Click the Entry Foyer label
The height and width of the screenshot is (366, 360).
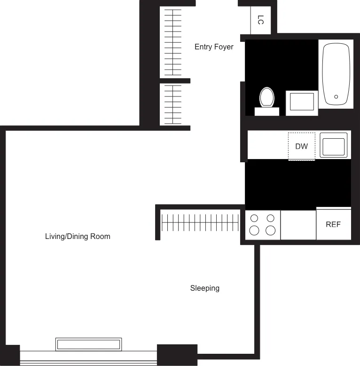(214, 47)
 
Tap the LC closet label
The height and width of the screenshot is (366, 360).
(261, 20)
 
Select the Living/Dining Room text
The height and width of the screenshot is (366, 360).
(78, 236)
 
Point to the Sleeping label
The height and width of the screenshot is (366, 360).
(204, 288)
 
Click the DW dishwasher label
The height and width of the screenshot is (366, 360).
(301, 146)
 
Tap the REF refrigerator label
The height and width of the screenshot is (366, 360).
(333, 224)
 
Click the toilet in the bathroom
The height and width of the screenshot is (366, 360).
(266, 97)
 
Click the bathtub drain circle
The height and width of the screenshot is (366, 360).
(336, 97)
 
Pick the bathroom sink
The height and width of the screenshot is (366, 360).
(301, 102)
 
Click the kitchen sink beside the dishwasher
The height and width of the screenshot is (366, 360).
(334, 145)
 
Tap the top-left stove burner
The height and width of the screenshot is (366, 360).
(254, 218)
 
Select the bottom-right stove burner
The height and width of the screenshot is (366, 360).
(270, 231)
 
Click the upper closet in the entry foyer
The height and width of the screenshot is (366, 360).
(172, 42)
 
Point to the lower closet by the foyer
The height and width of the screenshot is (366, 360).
(172, 104)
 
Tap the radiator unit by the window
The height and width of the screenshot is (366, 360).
(88, 344)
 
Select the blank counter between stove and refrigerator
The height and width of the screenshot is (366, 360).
(298, 225)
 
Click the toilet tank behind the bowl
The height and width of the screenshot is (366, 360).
(266, 111)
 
